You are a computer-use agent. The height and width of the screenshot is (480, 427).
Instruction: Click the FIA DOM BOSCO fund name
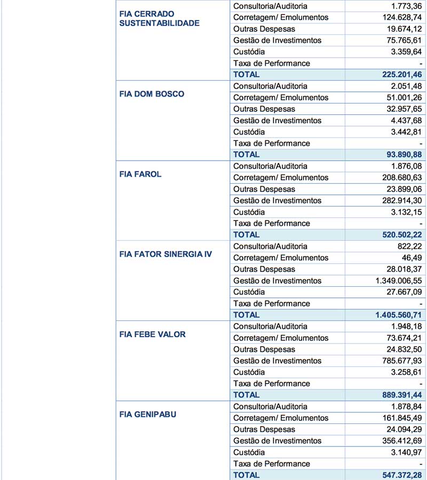click(x=152, y=94)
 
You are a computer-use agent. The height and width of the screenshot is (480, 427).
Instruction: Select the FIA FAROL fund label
click(x=140, y=174)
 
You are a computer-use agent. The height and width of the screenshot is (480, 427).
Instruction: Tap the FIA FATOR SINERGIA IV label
click(x=165, y=254)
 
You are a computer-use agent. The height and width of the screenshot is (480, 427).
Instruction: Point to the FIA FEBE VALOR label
click(x=153, y=334)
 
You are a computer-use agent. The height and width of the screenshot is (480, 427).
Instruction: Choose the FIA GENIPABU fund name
click(x=148, y=414)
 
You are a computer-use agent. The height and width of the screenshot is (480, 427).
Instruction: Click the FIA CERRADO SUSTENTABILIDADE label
click(x=160, y=18)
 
